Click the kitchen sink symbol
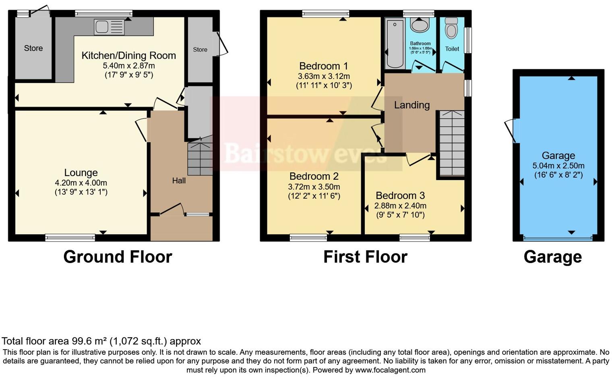coord(109,27)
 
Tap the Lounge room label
coord(81,173)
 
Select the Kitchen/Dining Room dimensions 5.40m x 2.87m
coord(129,66)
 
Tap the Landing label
coord(411,105)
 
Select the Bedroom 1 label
coord(323,66)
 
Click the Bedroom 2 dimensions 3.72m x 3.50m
coord(314,187)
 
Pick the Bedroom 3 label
coord(400,196)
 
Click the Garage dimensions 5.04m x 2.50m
coord(558,166)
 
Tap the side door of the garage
coord(511,130)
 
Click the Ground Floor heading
coord(118,257)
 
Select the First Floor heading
coord(365,257)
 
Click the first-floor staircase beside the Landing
coord(451,143)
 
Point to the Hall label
coord(179,181)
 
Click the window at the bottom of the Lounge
coord(70,238)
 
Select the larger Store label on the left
coord(33,48)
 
